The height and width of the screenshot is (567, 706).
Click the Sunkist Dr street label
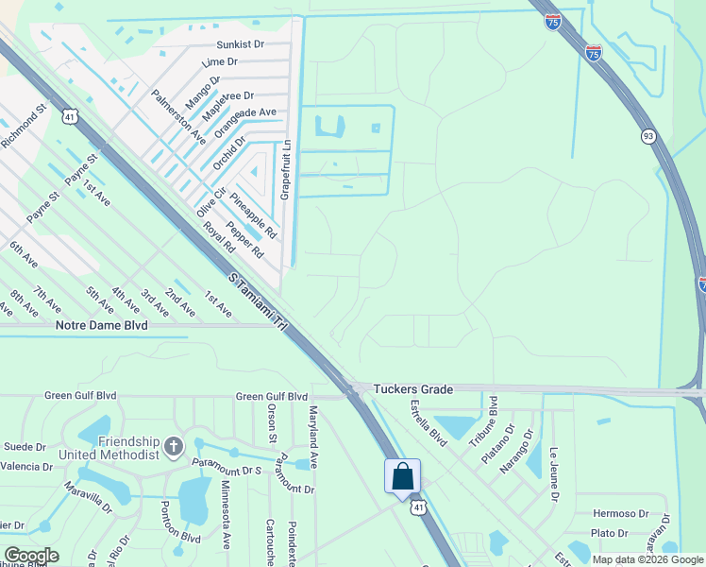coord(240,44)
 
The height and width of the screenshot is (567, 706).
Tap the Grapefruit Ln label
coord(288,171)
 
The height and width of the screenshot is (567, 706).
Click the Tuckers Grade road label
coord(413,388)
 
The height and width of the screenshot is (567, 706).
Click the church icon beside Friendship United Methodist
coord(173,445)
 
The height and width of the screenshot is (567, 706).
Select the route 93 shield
coord(648,136)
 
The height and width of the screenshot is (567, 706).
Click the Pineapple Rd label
coord(253,216)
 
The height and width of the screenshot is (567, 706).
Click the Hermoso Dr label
coord(621,514)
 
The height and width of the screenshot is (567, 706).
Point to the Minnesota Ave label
coord(227,515)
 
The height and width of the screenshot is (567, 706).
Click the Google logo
coord(31,555)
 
